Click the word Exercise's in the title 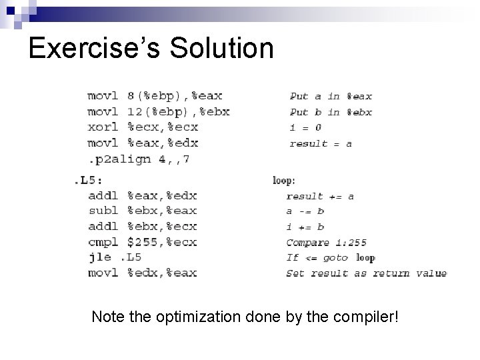(x=93, y=48)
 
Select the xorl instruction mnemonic (x=103, y=127)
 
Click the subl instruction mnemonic (x=103, y=211)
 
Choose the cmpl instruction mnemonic (x=103, y=241)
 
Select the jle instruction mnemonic (x=99, y=257)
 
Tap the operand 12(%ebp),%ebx (x=178, y=112)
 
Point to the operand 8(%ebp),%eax (x=175, y=96)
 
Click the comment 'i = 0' (x=305, y=127)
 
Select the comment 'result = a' (x=320, y=143)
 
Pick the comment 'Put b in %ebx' (x=331, y=112)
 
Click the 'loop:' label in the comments (x=285, y=179)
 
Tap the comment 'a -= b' (x=305, y=211)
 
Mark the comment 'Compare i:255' (x=326, y=242)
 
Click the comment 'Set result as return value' (x=366, y=273)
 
